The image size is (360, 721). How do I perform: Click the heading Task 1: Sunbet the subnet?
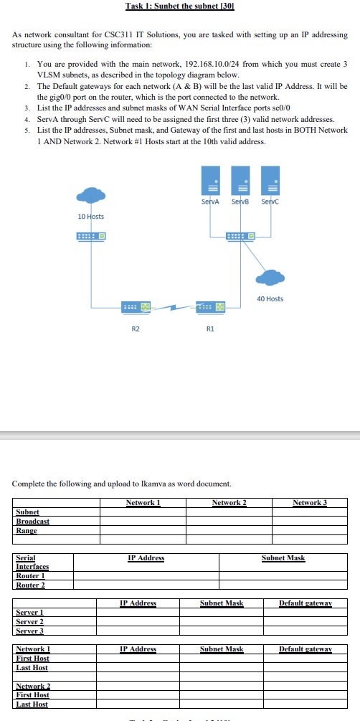(x=179, y=6)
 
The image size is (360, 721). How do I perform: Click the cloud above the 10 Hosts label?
(x=90, y=196)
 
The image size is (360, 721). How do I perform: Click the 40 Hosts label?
(x=270, y=298)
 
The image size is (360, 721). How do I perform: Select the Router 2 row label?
(x=31, y=585)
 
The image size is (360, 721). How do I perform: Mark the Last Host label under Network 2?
(x=32, y=704)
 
